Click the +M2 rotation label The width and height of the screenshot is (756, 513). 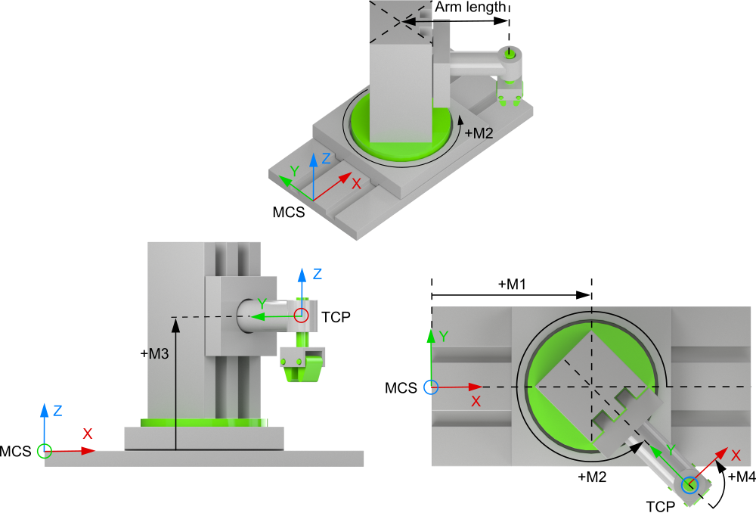pos(479,133)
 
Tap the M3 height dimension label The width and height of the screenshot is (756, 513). pos(157,353)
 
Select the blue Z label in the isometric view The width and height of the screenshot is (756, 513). pos(326,159)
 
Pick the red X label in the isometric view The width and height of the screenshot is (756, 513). pos(356,183)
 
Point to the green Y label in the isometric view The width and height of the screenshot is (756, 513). pos(295,171)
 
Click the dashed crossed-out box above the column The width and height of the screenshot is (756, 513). pos(400,20)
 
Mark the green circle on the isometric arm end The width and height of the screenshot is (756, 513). pos(510,52)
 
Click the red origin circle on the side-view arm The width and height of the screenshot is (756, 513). pos(302,315)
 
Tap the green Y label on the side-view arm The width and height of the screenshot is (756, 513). pos(262,303)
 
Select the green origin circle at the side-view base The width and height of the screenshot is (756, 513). pos(45,451)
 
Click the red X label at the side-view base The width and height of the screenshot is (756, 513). pos(88,434)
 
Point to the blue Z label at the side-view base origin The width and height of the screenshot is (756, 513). pos(57,411)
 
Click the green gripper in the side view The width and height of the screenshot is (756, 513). pos(302,368)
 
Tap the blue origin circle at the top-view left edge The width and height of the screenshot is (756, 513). pos(430,387)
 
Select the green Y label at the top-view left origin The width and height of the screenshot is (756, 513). pos(445,336)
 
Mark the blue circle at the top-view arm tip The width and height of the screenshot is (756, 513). pos(689,485)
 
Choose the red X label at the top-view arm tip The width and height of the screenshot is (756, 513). pos(736,455)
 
